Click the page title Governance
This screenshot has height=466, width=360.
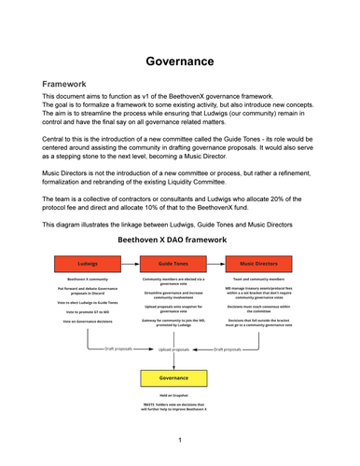(179, 62)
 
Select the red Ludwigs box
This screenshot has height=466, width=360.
(87, 264)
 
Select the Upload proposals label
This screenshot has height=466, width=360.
(175, 349)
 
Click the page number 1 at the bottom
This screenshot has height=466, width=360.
(179, 438)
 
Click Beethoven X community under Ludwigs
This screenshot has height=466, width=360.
(87, 279)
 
